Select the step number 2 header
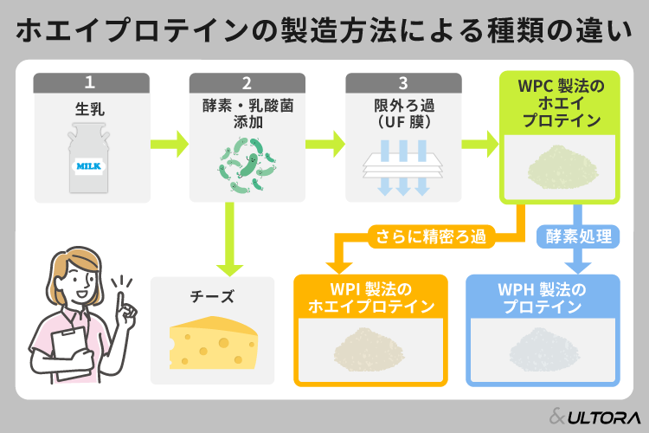pos(246,83)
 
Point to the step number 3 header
pos(402,83)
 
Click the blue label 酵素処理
pos(579,235)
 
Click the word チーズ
pos(211,296)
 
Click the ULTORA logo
pos(592,414)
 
